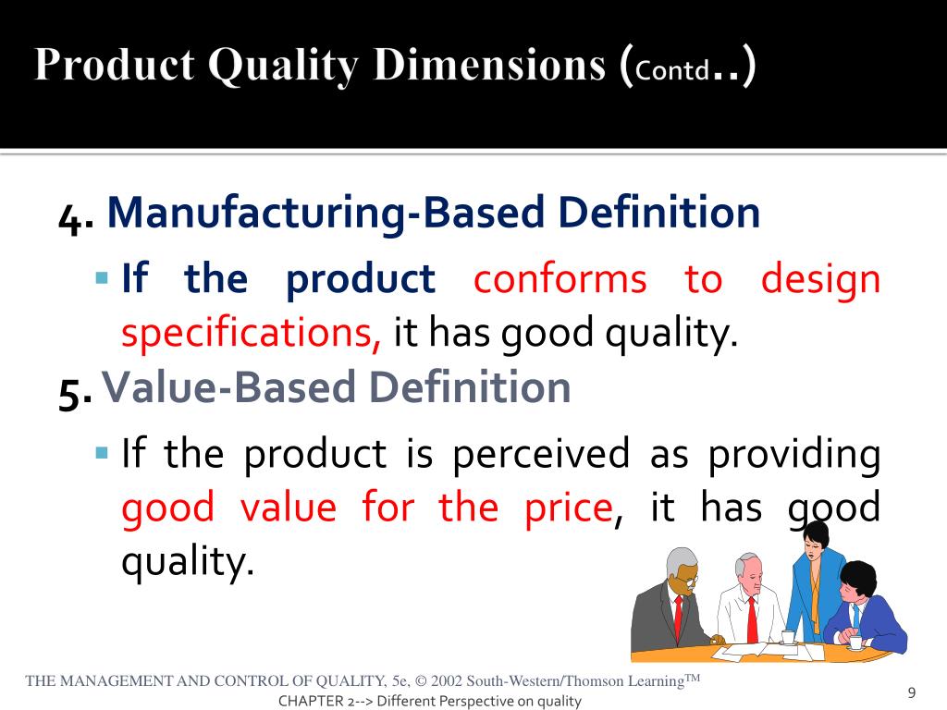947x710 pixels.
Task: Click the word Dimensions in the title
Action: click(489, 64)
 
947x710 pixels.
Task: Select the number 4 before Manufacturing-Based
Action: click(70, 218)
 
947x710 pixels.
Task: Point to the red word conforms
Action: click(560, 280)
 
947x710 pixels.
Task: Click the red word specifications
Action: click(252, 332)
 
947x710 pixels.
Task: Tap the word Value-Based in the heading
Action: click(228, 387)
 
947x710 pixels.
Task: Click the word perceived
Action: click(541, 456)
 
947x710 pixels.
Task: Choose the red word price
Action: click(569, 509)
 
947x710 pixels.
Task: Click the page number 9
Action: click(912, 692)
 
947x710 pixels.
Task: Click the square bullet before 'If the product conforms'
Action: click(102, 278)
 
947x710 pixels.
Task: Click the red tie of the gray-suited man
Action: click(678, 618)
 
